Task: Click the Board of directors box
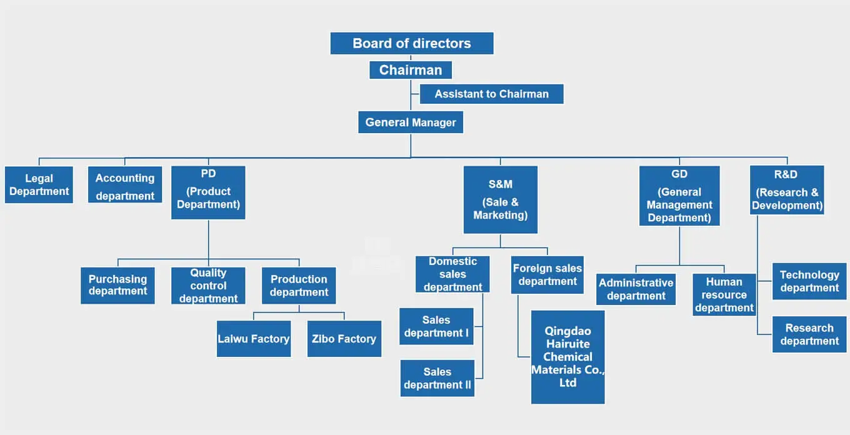point(412,43)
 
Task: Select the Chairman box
point(411,70)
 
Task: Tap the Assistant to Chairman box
point(491,94)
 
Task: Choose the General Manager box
point(411,122)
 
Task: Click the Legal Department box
point(39,185)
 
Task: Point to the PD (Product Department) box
point(208,192)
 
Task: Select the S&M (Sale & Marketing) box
point(500,199)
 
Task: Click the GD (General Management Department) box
point(679,196)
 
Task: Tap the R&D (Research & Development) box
point(787,190)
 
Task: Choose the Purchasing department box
point(117,286)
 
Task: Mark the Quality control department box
point(208,286)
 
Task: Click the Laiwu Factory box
point(254,339)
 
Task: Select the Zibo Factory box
point(344,339)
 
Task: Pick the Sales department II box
point(437,378)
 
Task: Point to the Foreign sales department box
point(547,274)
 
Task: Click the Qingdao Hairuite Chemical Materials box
point(567,357)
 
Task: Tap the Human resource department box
point(724,294)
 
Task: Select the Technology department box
point(809,281)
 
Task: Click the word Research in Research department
point(809,328)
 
